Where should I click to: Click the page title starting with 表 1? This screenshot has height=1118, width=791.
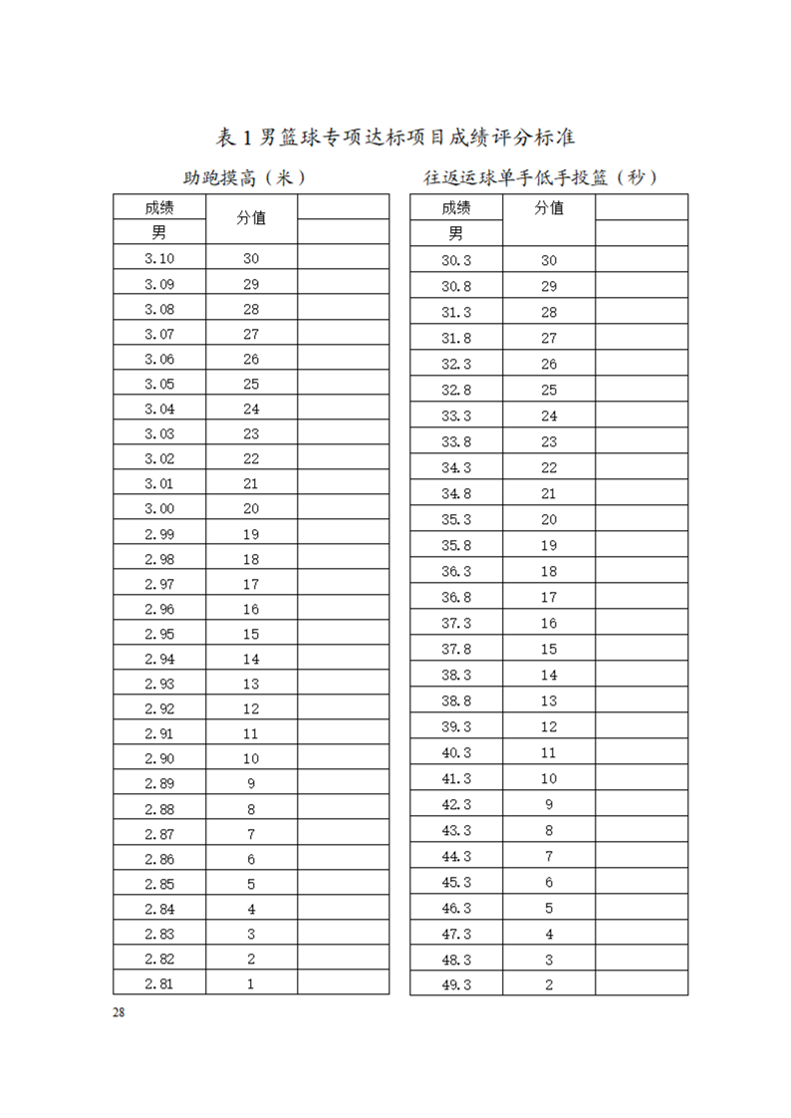pyautogui.click(x=395, y=137)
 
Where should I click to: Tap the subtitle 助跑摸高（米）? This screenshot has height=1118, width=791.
pyautogui.click(x=243, y=178)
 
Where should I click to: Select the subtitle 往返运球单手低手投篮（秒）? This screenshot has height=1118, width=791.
pyautogui.click(x=541, y=178)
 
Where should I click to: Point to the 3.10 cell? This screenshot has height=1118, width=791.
pyautogui.click(x=159, y=258)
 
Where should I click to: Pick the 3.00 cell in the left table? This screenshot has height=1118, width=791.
pyautogui.click(x=159, y=508)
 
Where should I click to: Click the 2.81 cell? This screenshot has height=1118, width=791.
pyautogui.click(x=159, y=983)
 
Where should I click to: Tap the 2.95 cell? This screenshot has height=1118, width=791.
pyautogui.click(x=159, y=634)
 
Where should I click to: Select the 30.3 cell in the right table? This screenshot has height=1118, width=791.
pyautogui.click(x=456, y=261)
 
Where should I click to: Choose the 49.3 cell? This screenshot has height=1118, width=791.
pyautogui.click(x=456, y=985)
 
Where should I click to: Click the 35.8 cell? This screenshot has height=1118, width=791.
pyautogui.click(x=456, y=545)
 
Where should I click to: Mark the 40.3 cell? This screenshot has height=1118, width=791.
pyautogui.click(x=456, y=752)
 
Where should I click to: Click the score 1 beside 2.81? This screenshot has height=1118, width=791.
pyautogui.click(x=251, y=983)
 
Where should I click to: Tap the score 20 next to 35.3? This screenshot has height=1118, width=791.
pyautogui.click(x=549, y=519)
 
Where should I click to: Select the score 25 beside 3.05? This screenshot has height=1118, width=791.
pyautogui.click(x=251, y=384)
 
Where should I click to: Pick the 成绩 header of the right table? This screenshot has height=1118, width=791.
pyautogui.click(x=456, y=208)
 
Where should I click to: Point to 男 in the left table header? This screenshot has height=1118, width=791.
pyautogui.click(x=159, y=233)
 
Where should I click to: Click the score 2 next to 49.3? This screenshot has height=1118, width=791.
pyautogui.click(x=549, y=985)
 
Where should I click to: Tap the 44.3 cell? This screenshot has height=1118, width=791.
pyautogui.click(x=456, y=856)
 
